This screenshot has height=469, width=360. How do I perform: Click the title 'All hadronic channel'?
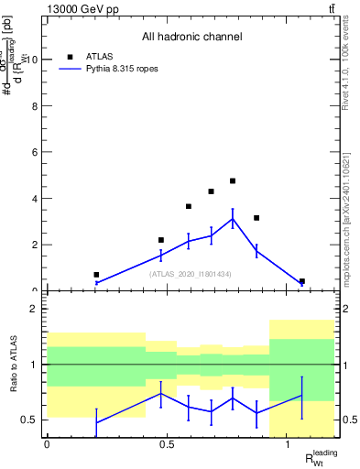pyautogui.click(x=191, y=38)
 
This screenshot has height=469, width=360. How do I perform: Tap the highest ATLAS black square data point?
pyautogui.click(x=233, y=181)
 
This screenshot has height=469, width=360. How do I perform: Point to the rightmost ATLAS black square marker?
pyautogui.click(x=302, y=281)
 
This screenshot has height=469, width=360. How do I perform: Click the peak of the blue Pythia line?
pyautogui.click(x=233, y=219)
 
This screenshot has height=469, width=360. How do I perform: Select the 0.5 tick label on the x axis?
pyautogui.click(x=167, y=444)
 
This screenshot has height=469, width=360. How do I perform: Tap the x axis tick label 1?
pyautogui.click(x=289, y=444)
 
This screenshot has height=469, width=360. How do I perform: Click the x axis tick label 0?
pyautogui.click(x=46, y=444)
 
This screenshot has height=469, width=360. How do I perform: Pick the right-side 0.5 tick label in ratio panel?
pyautogui.click(x=348, y=420)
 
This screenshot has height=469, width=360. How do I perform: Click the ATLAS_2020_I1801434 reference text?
pyautogui.click(x=191, y=273)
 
